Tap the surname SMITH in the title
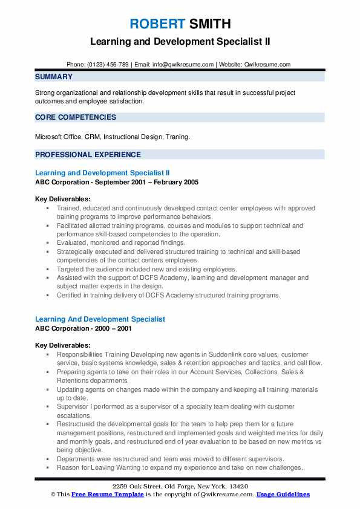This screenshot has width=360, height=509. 209,24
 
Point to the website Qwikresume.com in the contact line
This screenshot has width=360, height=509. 268,65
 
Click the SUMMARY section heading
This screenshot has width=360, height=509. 54,77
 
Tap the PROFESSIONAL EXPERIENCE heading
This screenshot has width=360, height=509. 88,154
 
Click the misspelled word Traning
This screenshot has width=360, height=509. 177,137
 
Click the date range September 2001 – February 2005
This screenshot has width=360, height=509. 145,182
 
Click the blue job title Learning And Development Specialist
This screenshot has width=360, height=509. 100,319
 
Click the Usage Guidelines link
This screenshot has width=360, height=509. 283,494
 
